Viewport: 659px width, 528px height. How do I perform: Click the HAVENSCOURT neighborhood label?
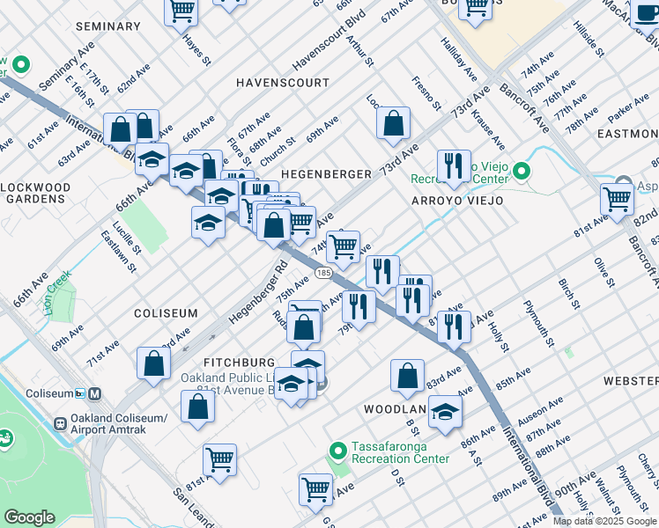(282, 82)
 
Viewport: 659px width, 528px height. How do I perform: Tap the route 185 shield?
(323, 274)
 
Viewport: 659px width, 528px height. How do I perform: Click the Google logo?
(30, 517)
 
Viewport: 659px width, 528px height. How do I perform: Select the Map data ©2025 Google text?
(604, 521)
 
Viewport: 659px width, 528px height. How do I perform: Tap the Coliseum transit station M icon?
(94, 393)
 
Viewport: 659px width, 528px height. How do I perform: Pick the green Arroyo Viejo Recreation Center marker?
(522, 170)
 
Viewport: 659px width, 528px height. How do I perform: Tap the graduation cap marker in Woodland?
(445, 411)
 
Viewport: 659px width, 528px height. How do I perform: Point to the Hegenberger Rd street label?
(258, 290)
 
